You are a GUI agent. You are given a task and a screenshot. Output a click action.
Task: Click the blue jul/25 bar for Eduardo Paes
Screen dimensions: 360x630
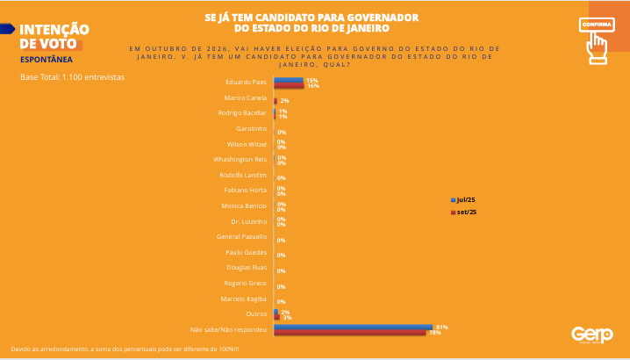[x=288, y=80]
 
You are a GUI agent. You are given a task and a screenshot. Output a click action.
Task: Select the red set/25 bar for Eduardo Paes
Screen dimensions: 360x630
[x=289, y=86]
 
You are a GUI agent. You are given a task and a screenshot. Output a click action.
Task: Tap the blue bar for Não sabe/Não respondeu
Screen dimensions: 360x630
[x=353, y=327]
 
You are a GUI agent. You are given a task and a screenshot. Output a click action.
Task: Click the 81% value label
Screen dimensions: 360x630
[x=441, y=327]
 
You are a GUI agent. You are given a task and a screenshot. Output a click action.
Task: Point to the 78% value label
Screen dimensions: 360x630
[x=434, y=333]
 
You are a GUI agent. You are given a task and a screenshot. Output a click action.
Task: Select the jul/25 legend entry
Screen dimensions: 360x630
[x=464, y=199]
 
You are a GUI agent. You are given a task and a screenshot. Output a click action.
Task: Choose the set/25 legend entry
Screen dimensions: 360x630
[x=464, y=212]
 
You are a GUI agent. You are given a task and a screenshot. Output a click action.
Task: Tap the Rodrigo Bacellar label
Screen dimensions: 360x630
[x=241, y=113]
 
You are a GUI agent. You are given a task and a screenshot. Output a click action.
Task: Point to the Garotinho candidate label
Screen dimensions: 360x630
[x=251, y=128]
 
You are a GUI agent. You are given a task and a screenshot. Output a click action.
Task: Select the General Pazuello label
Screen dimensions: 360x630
[x=241, y=236]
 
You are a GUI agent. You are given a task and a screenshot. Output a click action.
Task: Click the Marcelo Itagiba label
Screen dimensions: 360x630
[x=243, y=298]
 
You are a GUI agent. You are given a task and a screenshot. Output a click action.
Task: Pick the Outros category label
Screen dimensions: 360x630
[x=256, y=313]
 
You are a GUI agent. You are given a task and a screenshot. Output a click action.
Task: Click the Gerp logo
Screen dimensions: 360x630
[x=586, y=335]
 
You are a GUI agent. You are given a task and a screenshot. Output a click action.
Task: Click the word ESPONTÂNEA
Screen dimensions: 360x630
[x=45, y=60]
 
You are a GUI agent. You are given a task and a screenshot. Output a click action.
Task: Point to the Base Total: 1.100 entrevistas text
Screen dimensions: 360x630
[x=72, y=77]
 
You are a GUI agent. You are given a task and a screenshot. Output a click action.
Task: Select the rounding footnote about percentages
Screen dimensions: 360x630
[x=124, y=349]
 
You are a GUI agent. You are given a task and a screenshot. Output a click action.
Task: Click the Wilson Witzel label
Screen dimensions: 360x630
[x=246, y=144]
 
